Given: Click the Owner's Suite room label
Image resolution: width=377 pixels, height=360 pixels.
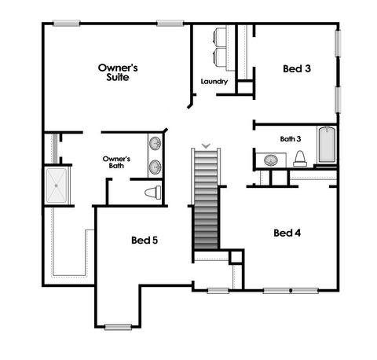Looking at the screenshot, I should coord(118,73).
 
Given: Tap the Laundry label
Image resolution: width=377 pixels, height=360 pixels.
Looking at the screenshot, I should coord(214,82).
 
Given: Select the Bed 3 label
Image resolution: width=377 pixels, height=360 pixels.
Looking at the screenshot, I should coord(297,69).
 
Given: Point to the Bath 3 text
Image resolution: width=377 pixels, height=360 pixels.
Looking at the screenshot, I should coord(290,139).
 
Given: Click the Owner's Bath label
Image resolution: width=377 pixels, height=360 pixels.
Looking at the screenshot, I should coord(116,162).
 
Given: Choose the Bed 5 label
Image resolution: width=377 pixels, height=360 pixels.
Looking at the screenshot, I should coord(145,240).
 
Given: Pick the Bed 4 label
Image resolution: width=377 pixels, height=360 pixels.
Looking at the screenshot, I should coord(287,233).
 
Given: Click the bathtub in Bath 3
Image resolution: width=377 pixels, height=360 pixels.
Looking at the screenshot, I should coord(327,145).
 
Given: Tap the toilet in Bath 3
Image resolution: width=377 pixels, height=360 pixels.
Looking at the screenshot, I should coord(299,158).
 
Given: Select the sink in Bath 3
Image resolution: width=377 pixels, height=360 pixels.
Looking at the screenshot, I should coord(270,160).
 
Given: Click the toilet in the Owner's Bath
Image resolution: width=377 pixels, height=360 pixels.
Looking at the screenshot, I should coord(152,192).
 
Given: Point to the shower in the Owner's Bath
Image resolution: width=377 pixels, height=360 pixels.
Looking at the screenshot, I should coord(57,185).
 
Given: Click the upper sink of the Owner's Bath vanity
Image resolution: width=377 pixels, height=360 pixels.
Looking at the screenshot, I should coord(156,144).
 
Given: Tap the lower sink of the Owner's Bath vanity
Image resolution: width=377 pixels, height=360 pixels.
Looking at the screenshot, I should coord(156,167).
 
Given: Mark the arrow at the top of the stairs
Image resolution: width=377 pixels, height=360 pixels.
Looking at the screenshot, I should coord(206,144).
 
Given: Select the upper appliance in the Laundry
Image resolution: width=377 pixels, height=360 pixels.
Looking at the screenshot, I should coord(220,37).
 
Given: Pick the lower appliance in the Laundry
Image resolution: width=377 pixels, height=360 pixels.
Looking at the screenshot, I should coord(220,57).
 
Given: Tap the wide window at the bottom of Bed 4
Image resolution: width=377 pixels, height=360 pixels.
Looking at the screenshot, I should coord(291,291).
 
